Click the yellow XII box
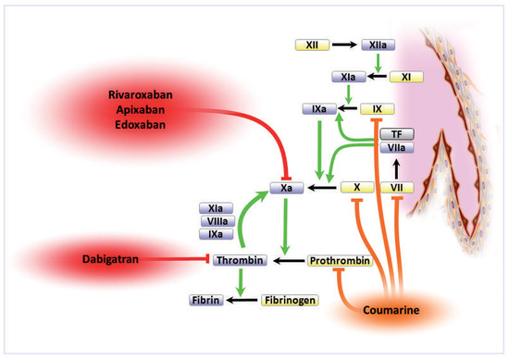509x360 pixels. (x=313, y=43)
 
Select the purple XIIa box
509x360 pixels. (x=379, y=43)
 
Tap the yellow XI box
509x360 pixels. (x=405, y=76)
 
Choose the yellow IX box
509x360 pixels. (x=376, y=109)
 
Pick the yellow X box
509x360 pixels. (x=356, y=187)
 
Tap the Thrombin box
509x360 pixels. (x=240, y=261)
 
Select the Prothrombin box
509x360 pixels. (x=339, y=261)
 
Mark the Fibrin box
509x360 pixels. (x=207, y=300)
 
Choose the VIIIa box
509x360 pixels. (x=219, y=222)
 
